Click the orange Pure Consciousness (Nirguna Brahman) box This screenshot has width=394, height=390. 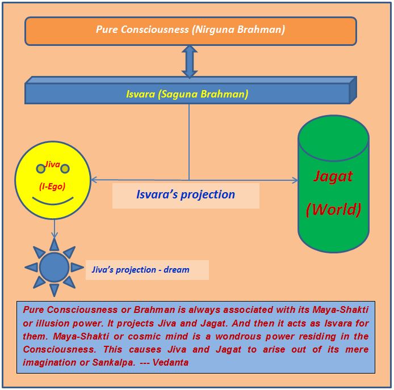pos(190,30)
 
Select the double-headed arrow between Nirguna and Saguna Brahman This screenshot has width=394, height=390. pos(189,61)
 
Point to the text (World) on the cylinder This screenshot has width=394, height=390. pos(333,209)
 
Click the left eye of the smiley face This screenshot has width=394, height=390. pos(41,168)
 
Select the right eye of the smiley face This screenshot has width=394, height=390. pos(65,168)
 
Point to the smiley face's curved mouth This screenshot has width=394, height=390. pos(52,200)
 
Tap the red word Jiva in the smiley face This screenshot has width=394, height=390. pos(53,164)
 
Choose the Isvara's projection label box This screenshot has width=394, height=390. pos(186,195)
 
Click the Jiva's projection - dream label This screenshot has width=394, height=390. pos(141,270)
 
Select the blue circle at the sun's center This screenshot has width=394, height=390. pos(55,267)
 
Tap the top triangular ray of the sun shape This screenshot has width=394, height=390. pos(55,244)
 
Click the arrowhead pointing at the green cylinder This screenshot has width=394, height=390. pos(295,180)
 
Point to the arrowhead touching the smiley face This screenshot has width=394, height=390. pos(94,180)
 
